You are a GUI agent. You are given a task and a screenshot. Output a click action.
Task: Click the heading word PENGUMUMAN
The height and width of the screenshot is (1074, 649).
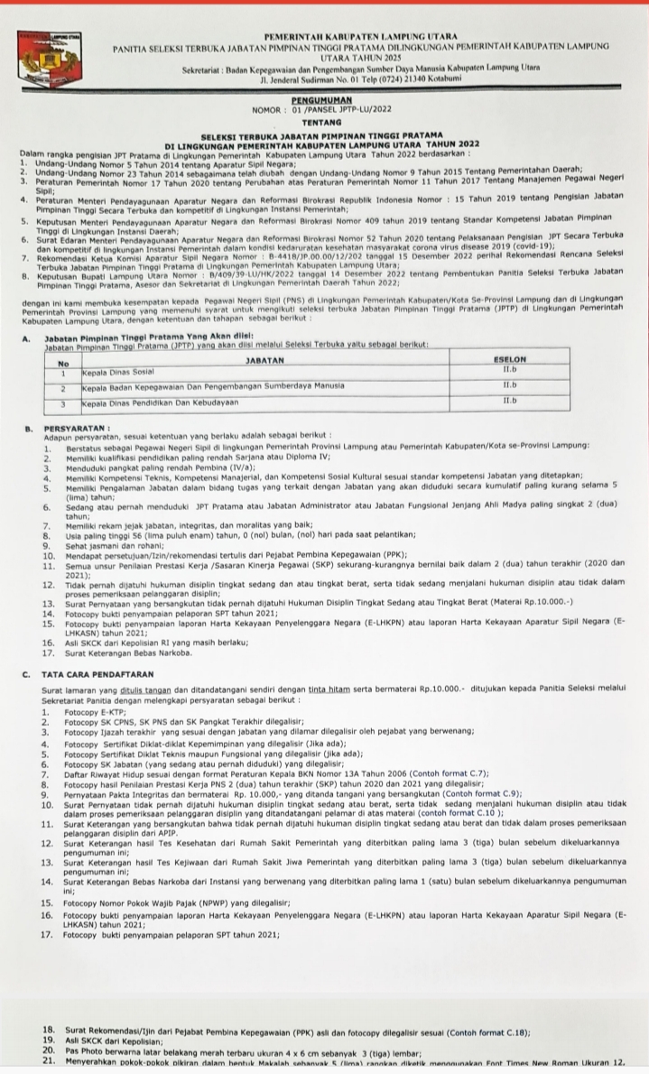(x=321, y=101)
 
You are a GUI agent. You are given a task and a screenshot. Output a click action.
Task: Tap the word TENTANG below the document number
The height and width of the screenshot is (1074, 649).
(x=321, y=120)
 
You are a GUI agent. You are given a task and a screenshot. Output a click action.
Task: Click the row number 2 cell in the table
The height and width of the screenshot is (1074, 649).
(x=64, y=385)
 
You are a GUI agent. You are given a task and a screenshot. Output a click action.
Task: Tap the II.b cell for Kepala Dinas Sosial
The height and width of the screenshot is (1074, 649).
(x=510, y=370)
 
